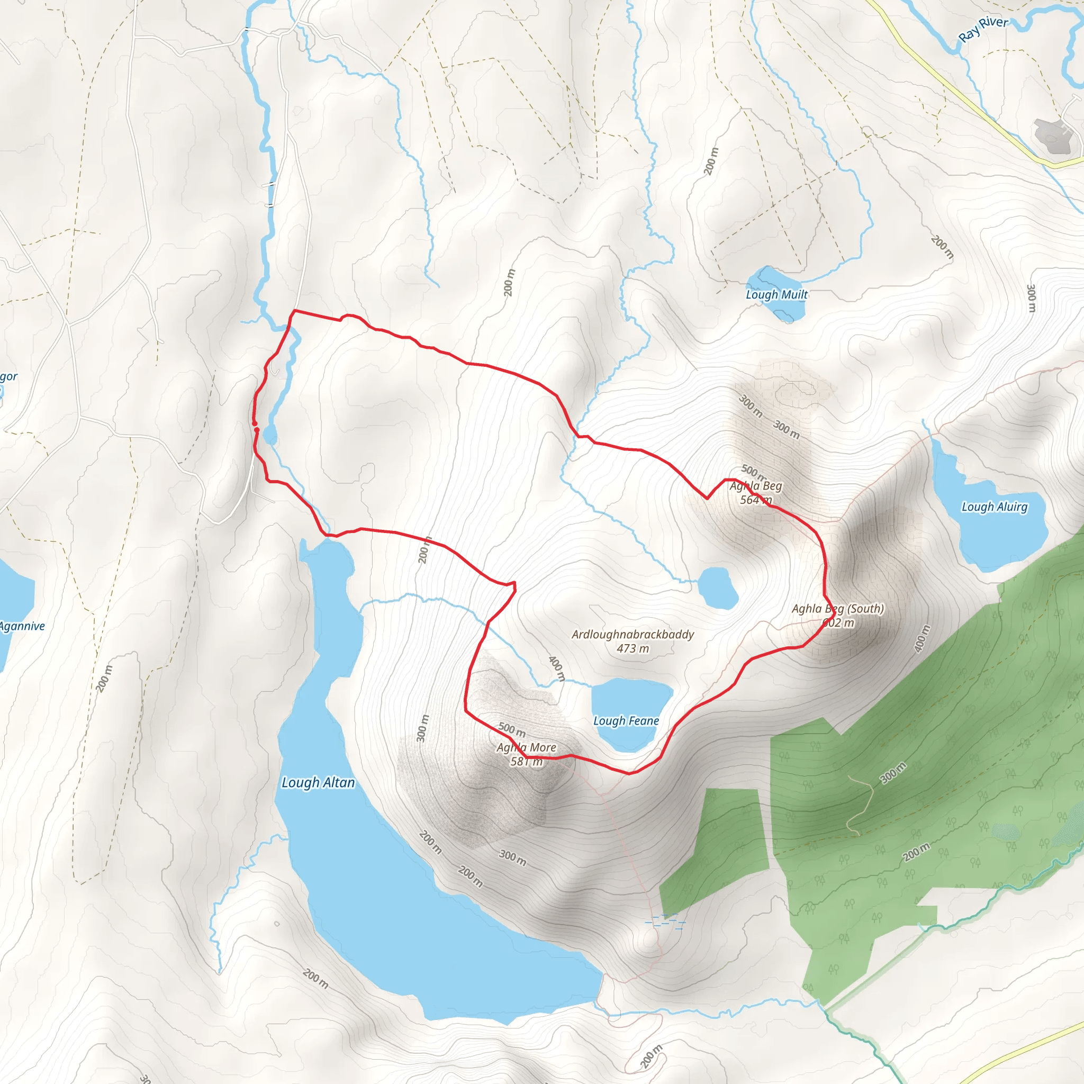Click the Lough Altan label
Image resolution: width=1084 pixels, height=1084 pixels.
point(318,782)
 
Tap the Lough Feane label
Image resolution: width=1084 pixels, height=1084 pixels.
point(626,720)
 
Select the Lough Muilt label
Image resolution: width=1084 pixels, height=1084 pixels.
point(776,295)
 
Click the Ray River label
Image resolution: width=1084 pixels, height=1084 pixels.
point(983,29)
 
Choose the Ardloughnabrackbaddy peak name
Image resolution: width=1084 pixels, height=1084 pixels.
point(633,634)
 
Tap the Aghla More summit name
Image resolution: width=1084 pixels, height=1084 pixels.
point(526,747)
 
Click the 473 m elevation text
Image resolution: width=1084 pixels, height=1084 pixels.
point(633,648)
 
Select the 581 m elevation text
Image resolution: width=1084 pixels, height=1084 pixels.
point(526,761)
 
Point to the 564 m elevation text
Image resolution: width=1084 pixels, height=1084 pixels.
point(756,500)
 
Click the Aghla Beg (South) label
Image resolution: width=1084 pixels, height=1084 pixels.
point(838,608)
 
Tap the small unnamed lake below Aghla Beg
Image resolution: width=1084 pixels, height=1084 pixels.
point(718,588)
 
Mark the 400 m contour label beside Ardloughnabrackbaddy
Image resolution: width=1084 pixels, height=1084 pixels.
point(557,669)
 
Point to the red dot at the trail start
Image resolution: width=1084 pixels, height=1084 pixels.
point(256,430)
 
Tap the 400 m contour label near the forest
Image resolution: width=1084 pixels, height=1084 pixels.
point(922,638)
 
